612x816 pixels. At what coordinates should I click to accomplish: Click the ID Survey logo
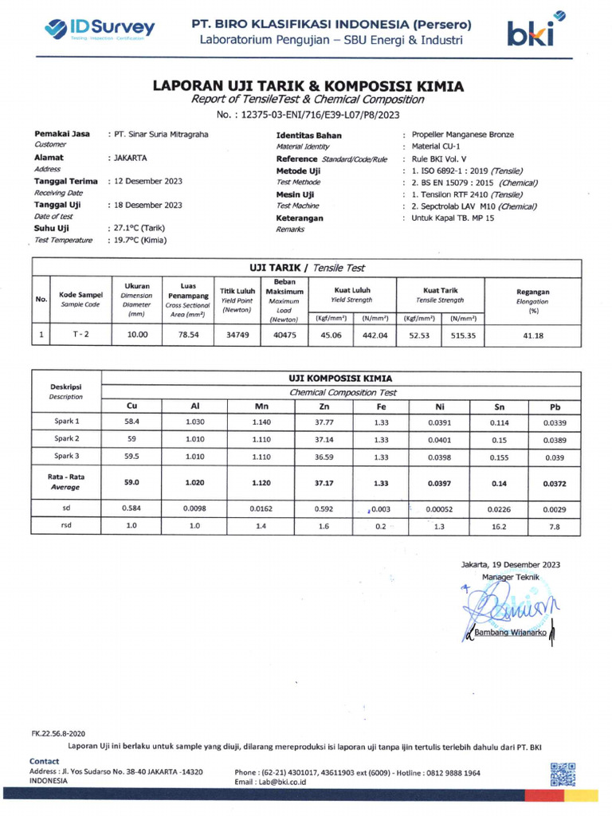point(100,29)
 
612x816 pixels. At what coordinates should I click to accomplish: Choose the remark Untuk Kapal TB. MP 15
point(453,218)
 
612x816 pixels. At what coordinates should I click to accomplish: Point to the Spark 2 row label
point(66,439)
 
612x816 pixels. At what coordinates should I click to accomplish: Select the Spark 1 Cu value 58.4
point(131,422)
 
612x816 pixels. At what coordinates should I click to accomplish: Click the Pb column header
point(555,406)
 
